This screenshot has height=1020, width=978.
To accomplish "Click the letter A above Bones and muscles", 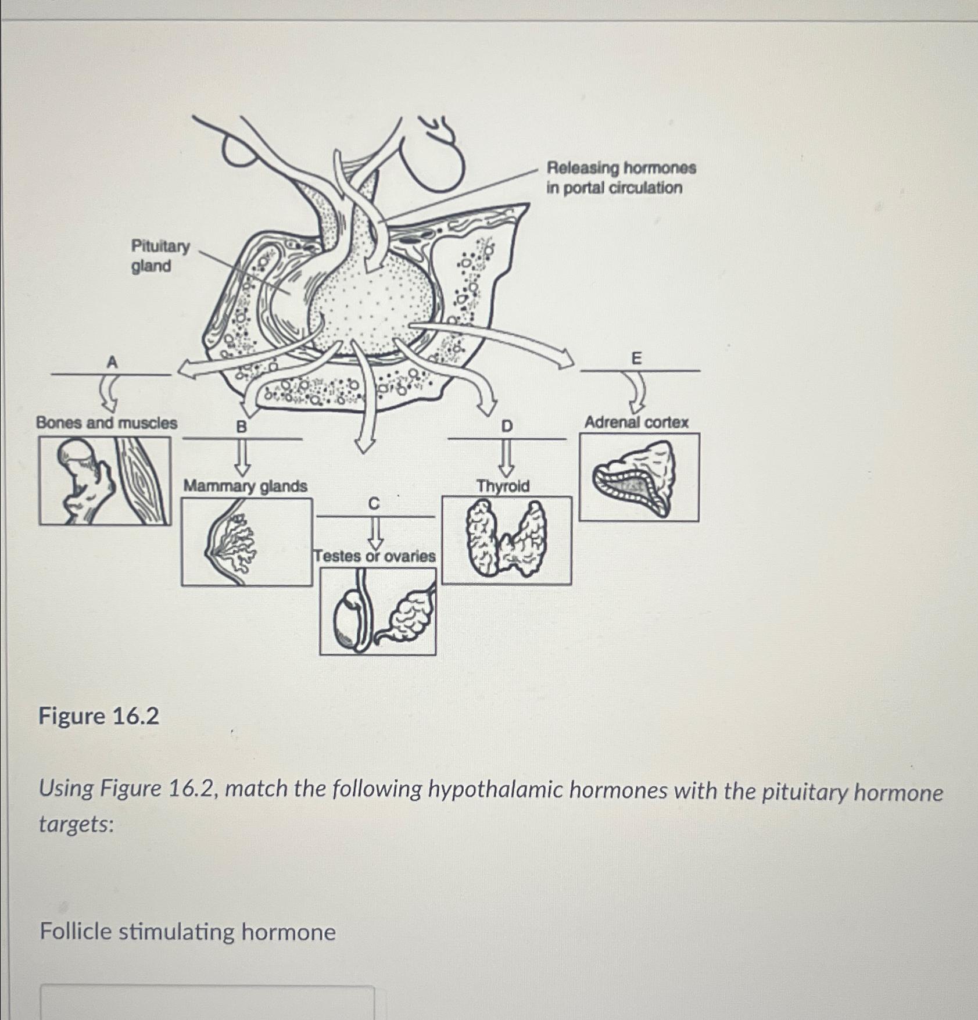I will click(x=112, y=362).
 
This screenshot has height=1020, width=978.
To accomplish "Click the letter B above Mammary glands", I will click(x=241, y=427).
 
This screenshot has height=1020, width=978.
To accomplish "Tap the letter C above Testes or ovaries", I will click(x=374, y=504).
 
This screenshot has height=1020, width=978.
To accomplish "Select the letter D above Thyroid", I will click(x=507, y=427).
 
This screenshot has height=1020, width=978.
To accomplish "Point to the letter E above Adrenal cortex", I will click(x=637, y=359).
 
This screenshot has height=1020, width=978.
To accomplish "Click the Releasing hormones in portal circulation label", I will click(x=621, y=178).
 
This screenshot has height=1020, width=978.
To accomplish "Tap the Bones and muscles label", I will click(x=106, y=423).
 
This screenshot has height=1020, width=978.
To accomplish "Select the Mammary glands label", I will click(x=245, y=486).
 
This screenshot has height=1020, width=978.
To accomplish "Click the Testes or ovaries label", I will click(x=375, y=556).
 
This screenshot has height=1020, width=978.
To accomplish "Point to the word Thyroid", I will click(x=503, y=486).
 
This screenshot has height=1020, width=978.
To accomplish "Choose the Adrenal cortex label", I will click(x=636, y=423).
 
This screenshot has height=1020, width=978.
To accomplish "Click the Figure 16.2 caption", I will click(x=99, y=716).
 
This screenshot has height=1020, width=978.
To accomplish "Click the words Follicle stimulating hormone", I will click(x=188, y=932).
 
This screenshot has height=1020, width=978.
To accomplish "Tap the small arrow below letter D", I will click(x=507, y=459).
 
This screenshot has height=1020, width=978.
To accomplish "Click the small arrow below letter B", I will click(x=242, y=459).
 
